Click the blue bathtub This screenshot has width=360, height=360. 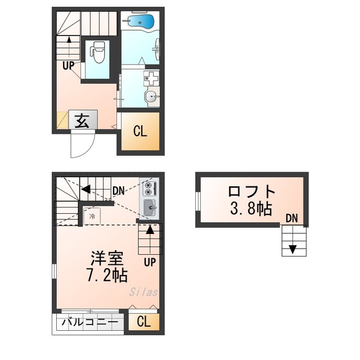[139, 21]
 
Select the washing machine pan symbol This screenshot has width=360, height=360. [151, 78]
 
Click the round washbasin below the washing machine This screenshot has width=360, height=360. [151, 96]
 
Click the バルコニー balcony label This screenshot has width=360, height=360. [90, 322]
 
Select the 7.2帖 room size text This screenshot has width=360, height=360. [107, 275]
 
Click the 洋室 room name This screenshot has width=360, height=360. [107, 258]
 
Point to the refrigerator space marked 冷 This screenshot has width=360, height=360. [92, 216]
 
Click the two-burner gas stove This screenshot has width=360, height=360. [150, 188]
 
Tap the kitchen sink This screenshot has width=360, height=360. [150, 208]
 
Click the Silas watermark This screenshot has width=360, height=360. [143, 292]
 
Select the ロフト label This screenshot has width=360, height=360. [251, 192]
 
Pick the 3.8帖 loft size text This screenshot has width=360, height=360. [251, 208]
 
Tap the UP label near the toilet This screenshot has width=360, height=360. [69, 66]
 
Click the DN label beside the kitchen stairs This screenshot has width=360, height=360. [119, 191]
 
